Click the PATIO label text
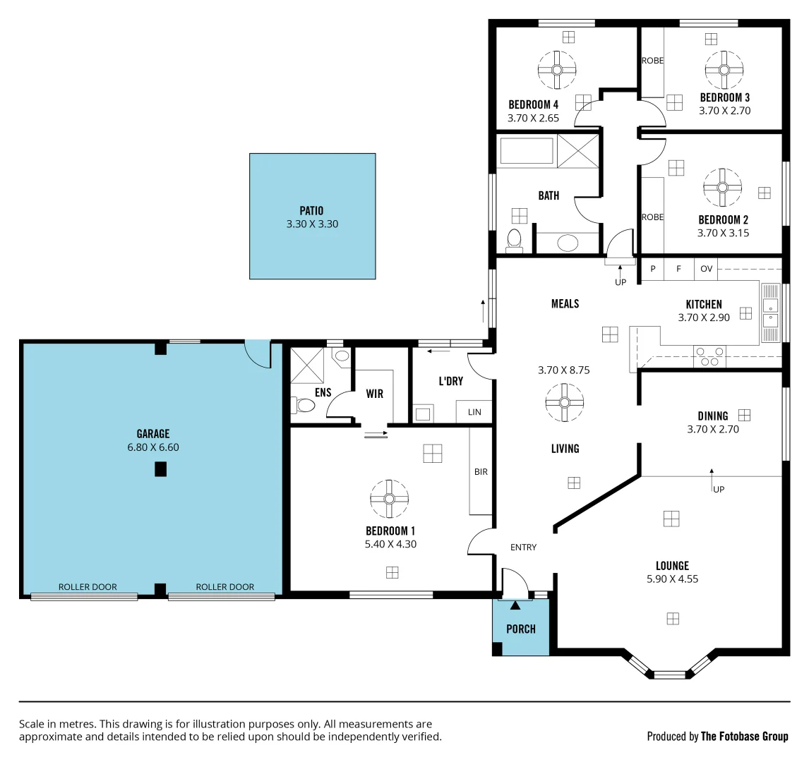311,210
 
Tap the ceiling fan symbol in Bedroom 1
389,498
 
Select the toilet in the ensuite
304,405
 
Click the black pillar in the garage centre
160,469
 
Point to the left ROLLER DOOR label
88,586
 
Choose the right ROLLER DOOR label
224,586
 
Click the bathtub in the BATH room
527,151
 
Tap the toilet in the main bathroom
514,238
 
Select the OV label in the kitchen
706,269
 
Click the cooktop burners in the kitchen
709,356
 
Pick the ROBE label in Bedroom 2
652,217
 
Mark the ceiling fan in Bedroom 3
724,69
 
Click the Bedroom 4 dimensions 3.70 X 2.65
533,118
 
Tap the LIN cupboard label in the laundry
474,412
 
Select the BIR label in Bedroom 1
481,471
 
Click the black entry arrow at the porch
515,605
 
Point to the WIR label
375,394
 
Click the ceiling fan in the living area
564,402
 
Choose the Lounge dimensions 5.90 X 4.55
672,579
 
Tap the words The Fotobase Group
744,736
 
